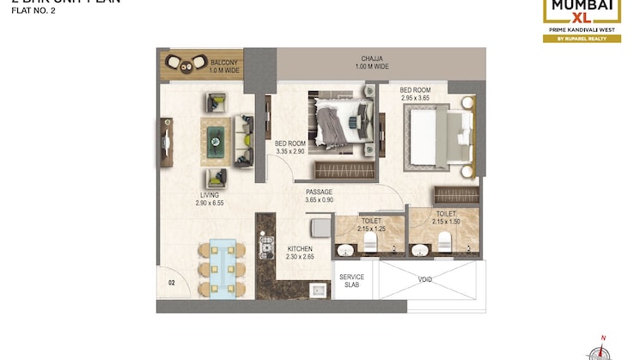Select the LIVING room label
[x=209, y=195]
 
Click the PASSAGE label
[x=320, y=192]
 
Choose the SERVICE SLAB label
[x=351, y=281]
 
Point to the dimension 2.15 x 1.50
[x=445, y=222]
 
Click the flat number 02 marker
[x=172, y=281]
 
